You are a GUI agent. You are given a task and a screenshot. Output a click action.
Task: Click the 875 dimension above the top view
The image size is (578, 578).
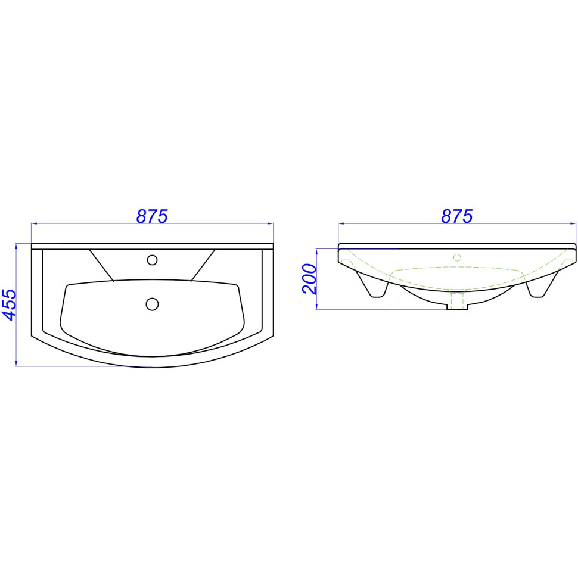tap(152, 216)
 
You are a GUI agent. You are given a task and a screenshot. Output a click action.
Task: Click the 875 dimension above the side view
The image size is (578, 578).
tap(456, 216)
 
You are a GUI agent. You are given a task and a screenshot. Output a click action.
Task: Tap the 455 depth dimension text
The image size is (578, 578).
tap(10, 304)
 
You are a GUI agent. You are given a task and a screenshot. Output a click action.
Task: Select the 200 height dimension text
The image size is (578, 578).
tap(309, 279)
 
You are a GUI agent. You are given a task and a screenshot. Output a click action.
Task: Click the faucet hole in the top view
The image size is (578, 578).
tap(152, 260)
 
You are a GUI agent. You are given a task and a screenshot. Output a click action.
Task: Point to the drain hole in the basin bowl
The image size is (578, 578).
tap(152, 304)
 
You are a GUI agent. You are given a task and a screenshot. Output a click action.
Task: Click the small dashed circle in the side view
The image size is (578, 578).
tap(457, 257)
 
